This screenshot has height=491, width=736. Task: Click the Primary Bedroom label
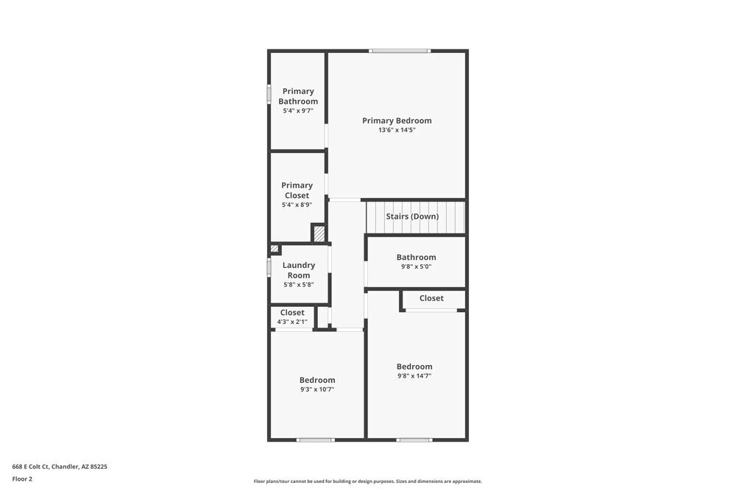pos(397,121)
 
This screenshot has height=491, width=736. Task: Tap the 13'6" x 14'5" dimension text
pos(397,130)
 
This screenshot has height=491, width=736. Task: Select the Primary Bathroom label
pos(298,96)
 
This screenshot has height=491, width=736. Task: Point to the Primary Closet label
pos(297,191)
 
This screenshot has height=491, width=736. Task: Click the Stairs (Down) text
pos(412,216)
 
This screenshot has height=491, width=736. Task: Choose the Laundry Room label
pos(299,270)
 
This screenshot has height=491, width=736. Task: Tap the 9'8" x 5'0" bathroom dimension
pos(416,266)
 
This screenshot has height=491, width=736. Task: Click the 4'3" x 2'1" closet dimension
pos(292,322)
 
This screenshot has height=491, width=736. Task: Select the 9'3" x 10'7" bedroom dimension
pos(317,389)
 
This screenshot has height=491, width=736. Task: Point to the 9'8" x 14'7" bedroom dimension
pos(414,375)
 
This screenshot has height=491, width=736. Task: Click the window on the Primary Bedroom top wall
pos(399,51)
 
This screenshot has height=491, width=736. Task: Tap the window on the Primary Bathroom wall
pos(269,95)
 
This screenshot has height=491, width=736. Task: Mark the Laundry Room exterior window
pos(269,266)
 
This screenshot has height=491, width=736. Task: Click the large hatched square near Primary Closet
pos(319,234)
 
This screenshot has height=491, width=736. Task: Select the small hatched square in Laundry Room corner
pos(275,249)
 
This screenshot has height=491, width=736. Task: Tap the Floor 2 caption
pos(22,478)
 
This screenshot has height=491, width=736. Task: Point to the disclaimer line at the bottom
pos(368,481)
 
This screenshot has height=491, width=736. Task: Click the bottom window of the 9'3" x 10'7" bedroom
pos(315,439)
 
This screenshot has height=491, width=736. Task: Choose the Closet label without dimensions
pos(431,298)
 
